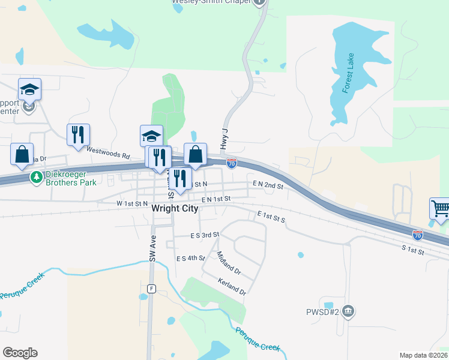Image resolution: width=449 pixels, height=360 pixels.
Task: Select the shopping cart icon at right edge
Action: tap(441, 209)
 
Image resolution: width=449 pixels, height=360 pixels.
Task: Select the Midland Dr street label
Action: tap(229, 263)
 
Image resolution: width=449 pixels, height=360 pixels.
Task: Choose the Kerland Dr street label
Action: tap(232, 286)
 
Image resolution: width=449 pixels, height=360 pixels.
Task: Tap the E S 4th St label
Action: tap(190, 259)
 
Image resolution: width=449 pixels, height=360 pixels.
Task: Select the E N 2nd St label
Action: tap(268, 186)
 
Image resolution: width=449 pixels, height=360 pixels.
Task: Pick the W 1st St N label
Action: tap(132, 204)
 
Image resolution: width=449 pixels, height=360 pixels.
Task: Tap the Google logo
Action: tap(20, 353)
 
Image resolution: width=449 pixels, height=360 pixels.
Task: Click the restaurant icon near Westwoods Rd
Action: tap(78, 134)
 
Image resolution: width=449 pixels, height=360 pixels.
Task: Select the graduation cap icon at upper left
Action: tap(29, 89)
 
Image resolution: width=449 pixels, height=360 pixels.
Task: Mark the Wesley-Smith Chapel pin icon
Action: tap(259, 2)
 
